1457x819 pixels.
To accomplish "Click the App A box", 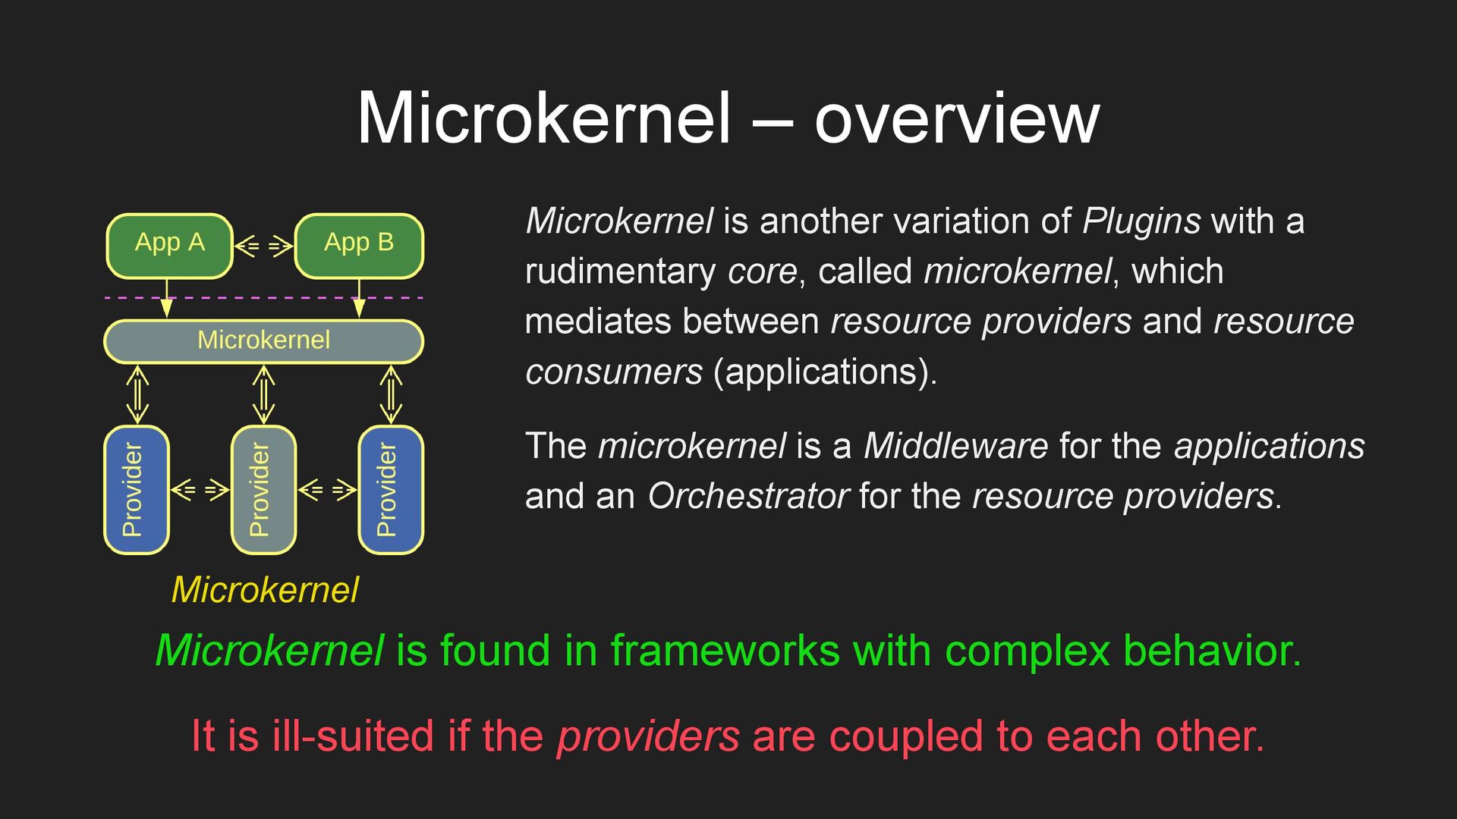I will [169, 246].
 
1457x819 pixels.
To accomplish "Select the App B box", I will [358, 246].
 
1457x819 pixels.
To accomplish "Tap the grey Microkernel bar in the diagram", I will [263, 341].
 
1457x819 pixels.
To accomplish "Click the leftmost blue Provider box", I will [136, 490].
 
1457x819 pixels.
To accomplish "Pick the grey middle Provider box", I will [263, 490].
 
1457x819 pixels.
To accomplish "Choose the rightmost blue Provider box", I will [390, 490].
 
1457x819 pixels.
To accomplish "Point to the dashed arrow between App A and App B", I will [263, 246].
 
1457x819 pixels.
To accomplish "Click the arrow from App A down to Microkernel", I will [167, 298].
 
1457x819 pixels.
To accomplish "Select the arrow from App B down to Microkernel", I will [359, 298].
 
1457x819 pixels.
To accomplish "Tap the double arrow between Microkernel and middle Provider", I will [263, 394].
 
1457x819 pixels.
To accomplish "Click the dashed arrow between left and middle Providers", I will [200, 490].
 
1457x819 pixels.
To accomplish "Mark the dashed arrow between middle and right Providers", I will [327, 490].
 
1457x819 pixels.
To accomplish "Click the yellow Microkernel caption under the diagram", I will [265, 590].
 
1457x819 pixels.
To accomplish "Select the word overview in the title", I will [956, 118].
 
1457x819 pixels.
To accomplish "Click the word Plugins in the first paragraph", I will [1141, 221].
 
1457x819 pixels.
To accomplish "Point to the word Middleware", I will [955, 446].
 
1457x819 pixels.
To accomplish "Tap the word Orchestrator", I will [747, 497].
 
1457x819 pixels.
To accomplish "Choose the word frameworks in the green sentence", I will [725, 651].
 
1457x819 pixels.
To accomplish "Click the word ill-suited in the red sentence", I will [352, 736].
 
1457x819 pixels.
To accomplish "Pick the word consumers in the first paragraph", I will [614, 372].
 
